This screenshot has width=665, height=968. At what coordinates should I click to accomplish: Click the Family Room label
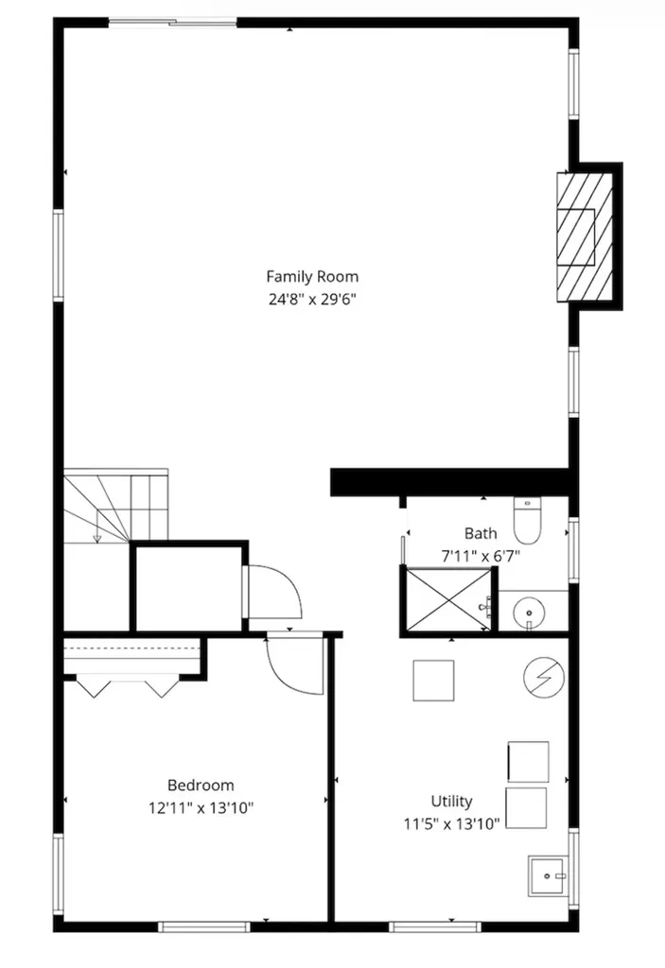point(312,277)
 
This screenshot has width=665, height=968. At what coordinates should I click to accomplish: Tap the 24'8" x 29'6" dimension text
point(312,300)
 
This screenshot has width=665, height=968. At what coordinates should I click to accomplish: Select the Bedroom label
point(201,786)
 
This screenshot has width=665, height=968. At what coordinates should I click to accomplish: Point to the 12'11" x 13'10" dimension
point(201,808)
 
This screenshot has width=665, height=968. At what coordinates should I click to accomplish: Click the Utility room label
point(452,802)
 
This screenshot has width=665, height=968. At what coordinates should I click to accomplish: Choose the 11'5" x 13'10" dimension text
point(452,823)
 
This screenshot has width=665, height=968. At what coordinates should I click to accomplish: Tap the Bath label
point(481,533)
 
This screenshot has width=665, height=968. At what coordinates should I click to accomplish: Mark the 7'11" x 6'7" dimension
point(481,556)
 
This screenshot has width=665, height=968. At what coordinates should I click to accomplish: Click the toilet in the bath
point(527,520)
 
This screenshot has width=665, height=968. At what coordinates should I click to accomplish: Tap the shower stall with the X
point(449,599)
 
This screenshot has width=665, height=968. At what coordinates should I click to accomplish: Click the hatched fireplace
point(585,237)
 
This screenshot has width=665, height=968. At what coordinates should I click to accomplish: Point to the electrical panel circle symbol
point(544,677)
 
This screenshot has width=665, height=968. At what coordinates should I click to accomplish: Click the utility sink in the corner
point(547,876)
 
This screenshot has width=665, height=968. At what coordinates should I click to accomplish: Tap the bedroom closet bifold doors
point(128,688)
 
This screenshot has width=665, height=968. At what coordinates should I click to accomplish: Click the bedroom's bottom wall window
point(204,926)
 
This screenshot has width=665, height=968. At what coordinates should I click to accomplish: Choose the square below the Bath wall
point(433,681)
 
